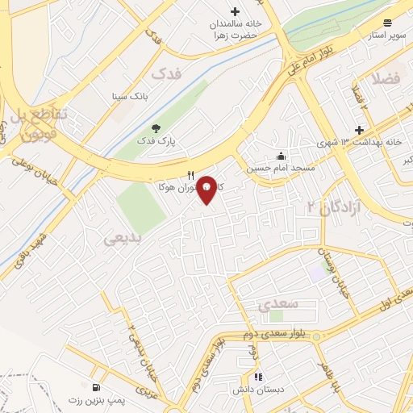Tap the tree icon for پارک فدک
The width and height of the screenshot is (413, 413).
[x=156, y=127]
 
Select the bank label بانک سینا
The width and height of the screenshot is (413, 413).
[x=128, y=96]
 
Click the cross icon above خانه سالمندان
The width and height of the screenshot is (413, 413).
[x=235, y=11]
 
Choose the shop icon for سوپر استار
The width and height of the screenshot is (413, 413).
[x=388, y=23]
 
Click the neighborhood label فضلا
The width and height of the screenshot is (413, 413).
[x=386, y=79]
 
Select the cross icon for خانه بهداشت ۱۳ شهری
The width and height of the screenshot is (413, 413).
[x=360, y=130]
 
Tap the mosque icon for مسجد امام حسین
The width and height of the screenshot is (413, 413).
[x=281, y=156]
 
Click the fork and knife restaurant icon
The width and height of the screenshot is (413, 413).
[x=190, y=174]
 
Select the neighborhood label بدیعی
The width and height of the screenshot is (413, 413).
[x=123, y=238]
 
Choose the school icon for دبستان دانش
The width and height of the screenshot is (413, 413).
[x=257, y=376]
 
